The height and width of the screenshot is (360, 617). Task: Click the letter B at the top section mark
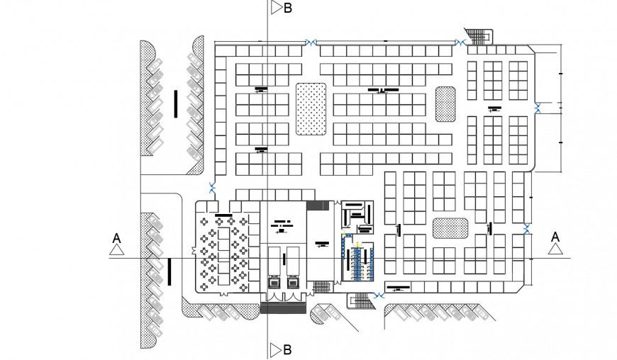click(287, 9)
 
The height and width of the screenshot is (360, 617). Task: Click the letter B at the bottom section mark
click(287, 349)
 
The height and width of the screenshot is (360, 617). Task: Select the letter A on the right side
click(555, 236)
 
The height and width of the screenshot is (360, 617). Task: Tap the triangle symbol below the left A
click(117, 249)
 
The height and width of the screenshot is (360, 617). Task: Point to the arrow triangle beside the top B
click(275, 9)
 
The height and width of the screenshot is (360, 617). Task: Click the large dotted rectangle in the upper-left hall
click(310, 108)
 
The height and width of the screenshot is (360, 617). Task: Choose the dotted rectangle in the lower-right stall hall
click(450, 227)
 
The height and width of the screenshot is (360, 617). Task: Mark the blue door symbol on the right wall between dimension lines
click(538, 107)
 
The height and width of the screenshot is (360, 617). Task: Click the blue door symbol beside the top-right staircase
click(460, 43)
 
